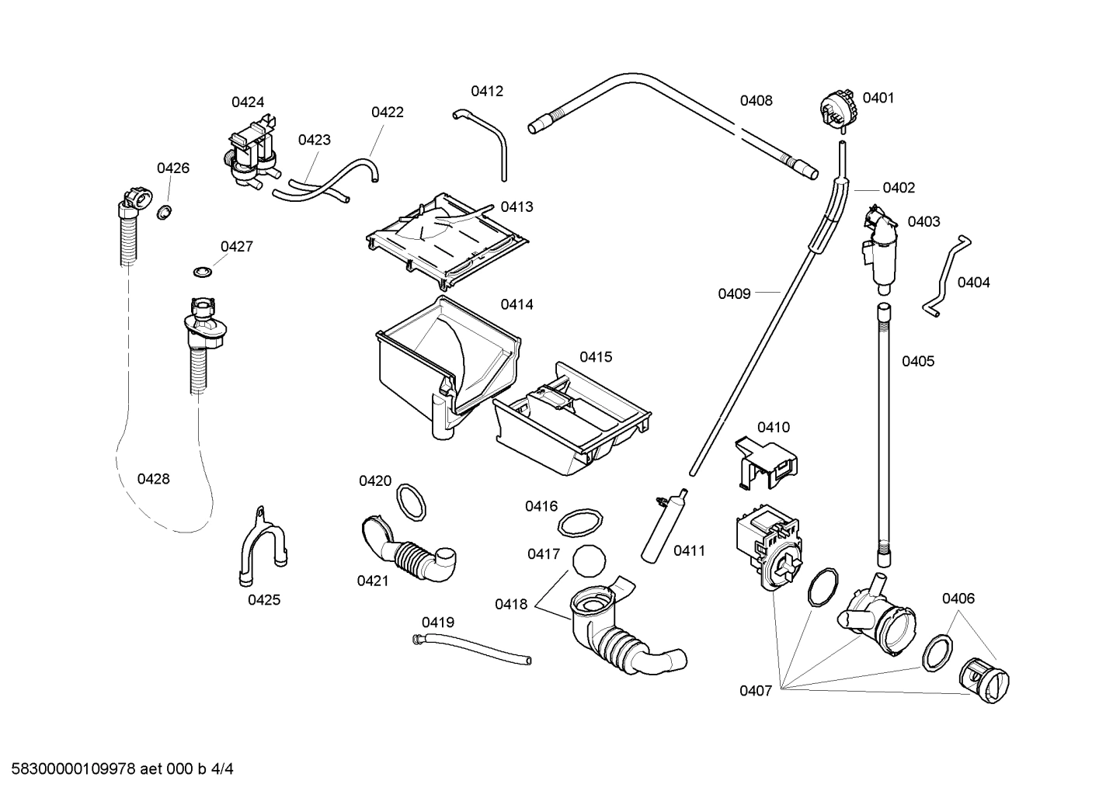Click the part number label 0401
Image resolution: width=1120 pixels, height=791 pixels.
pos(878,98)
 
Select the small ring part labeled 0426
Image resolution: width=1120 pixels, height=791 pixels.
pos(164,212)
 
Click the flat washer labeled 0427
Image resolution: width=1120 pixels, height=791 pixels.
pos(203,272)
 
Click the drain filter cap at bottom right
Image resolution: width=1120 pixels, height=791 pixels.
pos(984,682)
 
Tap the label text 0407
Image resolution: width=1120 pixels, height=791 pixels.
pos(755,691)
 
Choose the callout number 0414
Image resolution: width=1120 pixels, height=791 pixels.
pos(517,304)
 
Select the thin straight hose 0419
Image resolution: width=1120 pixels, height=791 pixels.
pos(471,649)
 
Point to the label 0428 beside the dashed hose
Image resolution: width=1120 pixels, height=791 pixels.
pos(153,479)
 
